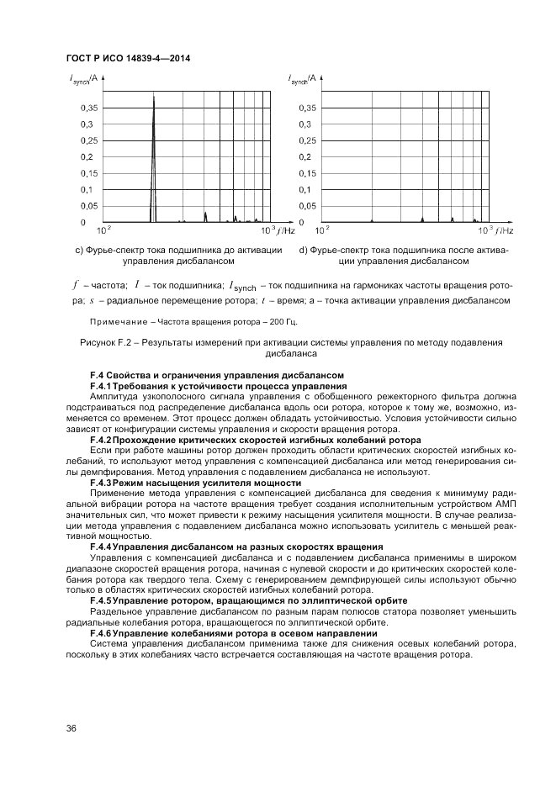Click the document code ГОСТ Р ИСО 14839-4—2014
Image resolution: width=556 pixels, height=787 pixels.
pos(126,58)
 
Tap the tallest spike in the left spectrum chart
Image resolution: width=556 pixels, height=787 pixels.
pos(154,98)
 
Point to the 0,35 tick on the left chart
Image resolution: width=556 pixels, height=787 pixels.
pos(88,108)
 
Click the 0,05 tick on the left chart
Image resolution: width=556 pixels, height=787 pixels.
pos(88,206)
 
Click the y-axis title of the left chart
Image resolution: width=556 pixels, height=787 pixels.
pos(84,79)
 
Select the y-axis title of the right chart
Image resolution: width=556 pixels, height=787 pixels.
pos(303,79)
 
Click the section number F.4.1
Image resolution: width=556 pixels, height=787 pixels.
pos(101,384)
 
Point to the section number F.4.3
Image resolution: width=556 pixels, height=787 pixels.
pos(101,483)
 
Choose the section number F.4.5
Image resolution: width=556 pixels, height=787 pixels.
pos(101,600)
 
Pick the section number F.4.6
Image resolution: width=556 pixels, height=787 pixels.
pos(101,631)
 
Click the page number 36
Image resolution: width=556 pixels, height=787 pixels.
pos(71,728)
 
